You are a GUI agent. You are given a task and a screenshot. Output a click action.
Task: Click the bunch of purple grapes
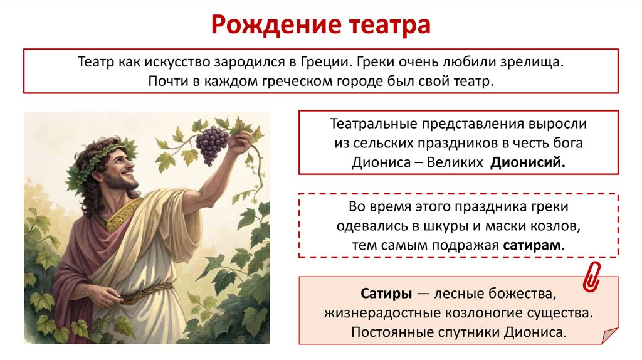pos(212,144)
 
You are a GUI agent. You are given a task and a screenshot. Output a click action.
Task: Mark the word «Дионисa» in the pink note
pos(534,332)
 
